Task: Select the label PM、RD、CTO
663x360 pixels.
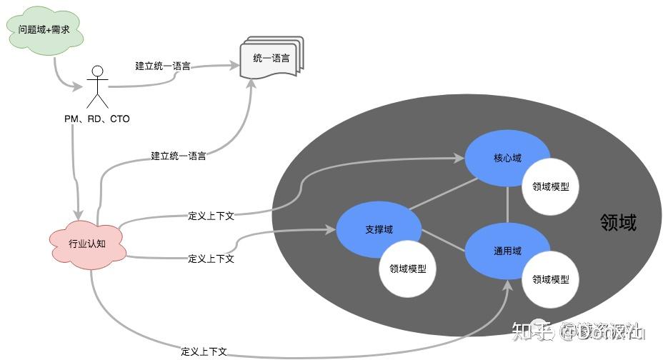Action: [97, 119]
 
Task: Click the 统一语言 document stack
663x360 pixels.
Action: [271, 59]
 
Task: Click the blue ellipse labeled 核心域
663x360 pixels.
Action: [507, 158]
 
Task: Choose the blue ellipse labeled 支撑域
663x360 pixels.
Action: [379, 229]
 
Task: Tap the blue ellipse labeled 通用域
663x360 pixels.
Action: [507, 251]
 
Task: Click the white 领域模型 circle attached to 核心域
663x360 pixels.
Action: [551, 186]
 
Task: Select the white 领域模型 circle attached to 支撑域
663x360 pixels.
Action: [408, 269]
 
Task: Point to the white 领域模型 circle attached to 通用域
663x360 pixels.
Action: [551, 279]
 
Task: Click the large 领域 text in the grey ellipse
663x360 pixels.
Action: [618, 224]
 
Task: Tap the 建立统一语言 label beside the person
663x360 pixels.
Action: [163, 66]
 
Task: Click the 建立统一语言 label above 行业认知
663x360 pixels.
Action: [179, 156]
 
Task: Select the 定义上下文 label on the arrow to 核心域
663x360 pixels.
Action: [211, 214]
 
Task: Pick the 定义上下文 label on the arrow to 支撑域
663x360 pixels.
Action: [211, 259]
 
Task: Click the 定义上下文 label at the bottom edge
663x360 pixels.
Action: [204, 351]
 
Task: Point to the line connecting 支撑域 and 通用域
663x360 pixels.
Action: [443, 240]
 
